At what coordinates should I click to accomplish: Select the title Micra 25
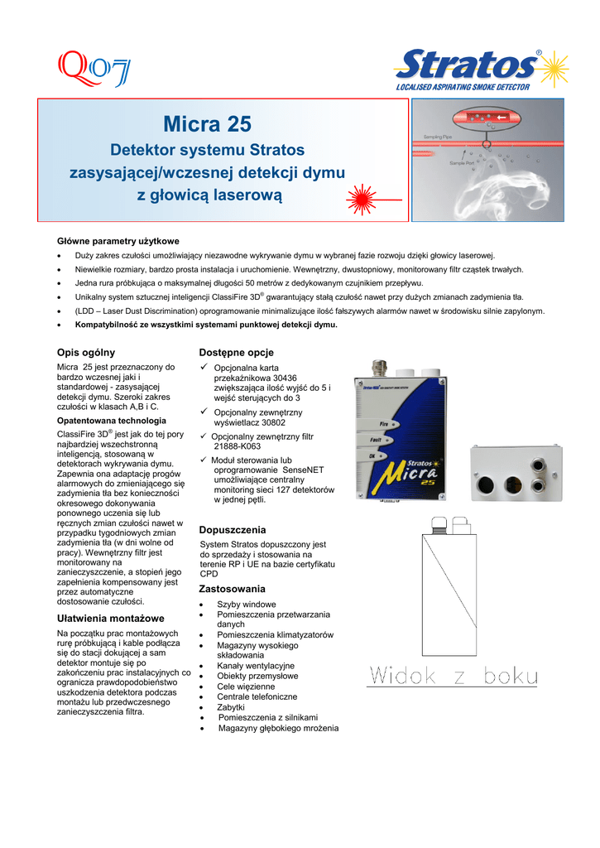pyautogui.click(x=207, y=125)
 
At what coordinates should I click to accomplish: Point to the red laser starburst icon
pyautogui.click(x=360, y=200)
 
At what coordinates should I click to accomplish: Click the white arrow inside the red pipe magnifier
pyautogui.click(x=502, y=118)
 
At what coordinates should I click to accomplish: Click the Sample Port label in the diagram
pyautogui.click(x=464, y=163)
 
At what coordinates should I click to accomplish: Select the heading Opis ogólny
pyautogui.click(x=85, y=352)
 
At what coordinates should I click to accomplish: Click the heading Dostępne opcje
pyautogui.click(x=237, y=352)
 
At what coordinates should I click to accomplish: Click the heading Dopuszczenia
pyautogui.click(x=233, y=529)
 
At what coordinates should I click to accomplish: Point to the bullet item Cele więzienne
pyautogui.click(x=246, y=687)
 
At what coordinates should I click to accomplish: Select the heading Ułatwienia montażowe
pyautogui.click(x=109, y=619)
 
